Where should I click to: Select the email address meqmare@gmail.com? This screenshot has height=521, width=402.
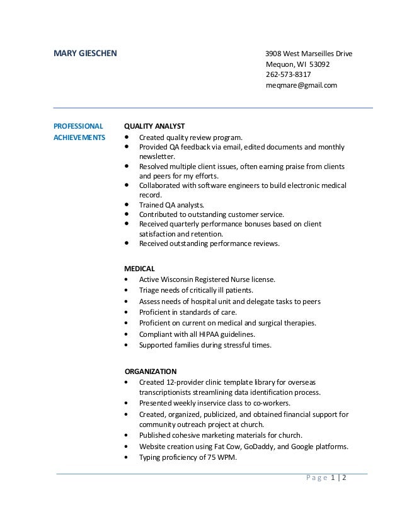point(302,85)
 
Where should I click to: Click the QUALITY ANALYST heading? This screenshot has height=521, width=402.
point(154,126)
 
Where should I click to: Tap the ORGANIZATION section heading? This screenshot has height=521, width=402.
point(151,371)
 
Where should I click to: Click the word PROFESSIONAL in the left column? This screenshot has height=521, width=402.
point(78,126)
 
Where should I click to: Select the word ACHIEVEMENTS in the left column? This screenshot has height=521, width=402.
point(79,136)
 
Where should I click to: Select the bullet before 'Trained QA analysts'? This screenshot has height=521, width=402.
point(128,204)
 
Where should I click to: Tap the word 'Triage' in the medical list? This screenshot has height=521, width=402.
point(149,290)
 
